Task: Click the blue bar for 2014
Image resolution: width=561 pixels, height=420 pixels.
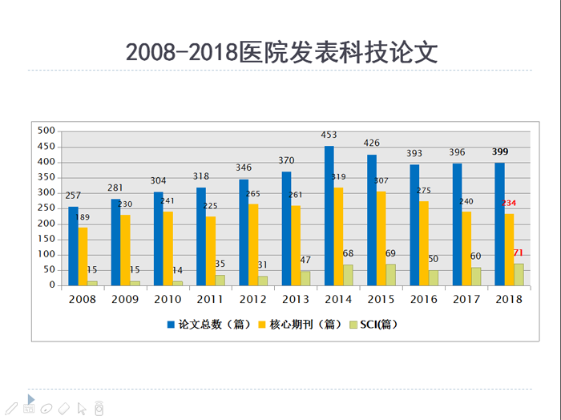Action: [x=329, y=216]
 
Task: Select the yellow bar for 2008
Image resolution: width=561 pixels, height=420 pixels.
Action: [x=83, y=256]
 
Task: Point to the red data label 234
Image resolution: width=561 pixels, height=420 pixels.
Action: [x=508, y=203]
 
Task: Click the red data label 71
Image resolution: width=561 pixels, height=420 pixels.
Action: [x=519, y=253]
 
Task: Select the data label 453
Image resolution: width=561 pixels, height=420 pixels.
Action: [x=329, y=135]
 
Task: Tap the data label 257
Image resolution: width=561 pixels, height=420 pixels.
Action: [x=74, y=196]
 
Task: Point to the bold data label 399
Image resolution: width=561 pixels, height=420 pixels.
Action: [x=499, y=151]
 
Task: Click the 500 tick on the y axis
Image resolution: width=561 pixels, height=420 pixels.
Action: [x=46, y=131]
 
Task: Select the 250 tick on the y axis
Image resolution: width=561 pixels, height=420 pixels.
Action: [x=46, y=208]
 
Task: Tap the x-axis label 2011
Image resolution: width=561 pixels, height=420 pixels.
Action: [x=211, y=299]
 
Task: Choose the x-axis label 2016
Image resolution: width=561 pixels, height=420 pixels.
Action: [x=423, y=299]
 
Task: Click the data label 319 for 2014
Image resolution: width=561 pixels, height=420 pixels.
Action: [x=339, y=177]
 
